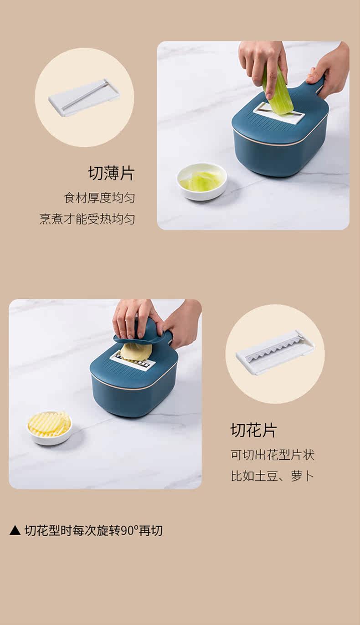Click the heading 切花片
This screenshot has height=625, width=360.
pos(253,430)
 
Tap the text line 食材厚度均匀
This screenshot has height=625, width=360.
pos(99,198)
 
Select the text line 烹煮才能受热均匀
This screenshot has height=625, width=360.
pos(87,219)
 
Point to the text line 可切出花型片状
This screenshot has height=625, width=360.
pos(273,455)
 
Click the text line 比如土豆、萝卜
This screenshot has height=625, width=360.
pos(273,476)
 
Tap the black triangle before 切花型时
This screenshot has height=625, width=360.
pos(15,530)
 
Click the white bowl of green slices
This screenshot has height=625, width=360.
pos(202,182)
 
